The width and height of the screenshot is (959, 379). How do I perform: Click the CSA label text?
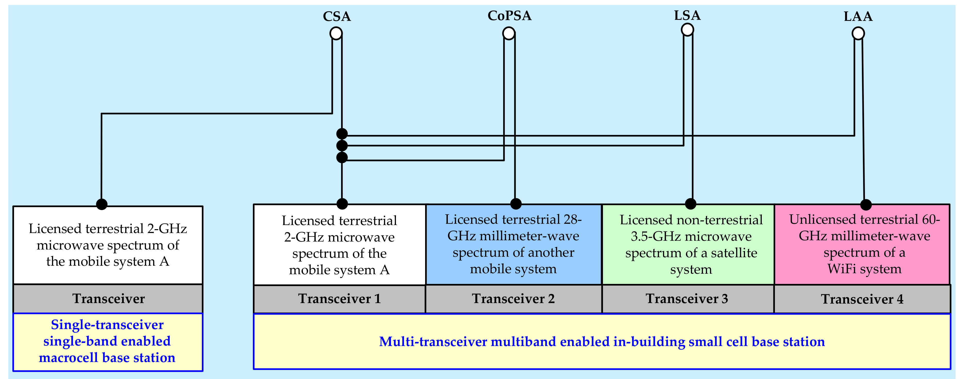tap(336, 16)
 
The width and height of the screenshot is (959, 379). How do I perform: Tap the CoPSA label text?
tap(509, 16)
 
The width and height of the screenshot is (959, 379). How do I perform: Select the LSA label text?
tap(687, 15)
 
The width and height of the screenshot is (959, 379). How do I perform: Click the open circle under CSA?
tap(336, 33)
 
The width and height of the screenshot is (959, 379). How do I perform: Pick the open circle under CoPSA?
tap(509, 33)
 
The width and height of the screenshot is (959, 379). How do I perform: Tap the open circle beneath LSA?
tap(687, 29)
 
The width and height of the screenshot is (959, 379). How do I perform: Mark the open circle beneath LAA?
tap(858, 33)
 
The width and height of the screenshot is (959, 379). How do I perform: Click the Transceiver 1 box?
tap(340, 299)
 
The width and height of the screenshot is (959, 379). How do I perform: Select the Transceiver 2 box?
tap(513, 299)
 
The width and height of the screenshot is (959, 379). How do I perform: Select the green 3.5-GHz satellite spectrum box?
tap(688, 244)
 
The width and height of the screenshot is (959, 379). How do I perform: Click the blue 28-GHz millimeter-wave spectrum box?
tap(513, 244)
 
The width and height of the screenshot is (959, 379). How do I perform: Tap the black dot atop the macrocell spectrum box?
tap(102, 204)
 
